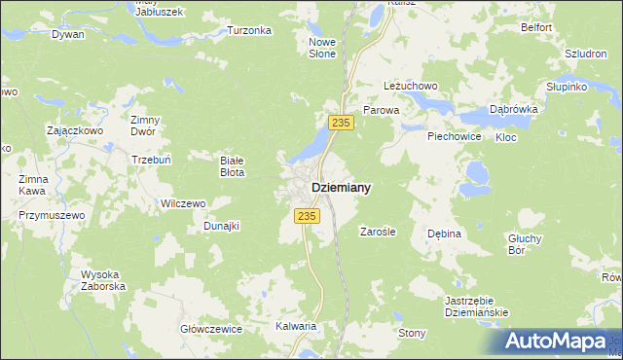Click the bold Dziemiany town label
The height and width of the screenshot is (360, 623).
point(340,187)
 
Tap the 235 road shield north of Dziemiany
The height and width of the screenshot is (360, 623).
point(340,122)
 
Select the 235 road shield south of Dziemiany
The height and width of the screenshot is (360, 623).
point(307,216)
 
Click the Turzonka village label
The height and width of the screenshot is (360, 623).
point(249,30)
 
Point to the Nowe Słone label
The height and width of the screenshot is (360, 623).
point(322,48)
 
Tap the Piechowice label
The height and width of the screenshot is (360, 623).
point(455,136)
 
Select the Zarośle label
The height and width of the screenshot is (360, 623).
point(377,232)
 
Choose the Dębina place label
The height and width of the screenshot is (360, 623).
point(443,234)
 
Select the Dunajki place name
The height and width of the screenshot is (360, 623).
point(221,226)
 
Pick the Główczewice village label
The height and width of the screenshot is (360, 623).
point(211,329)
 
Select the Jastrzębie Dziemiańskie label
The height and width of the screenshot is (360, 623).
point(477,306)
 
